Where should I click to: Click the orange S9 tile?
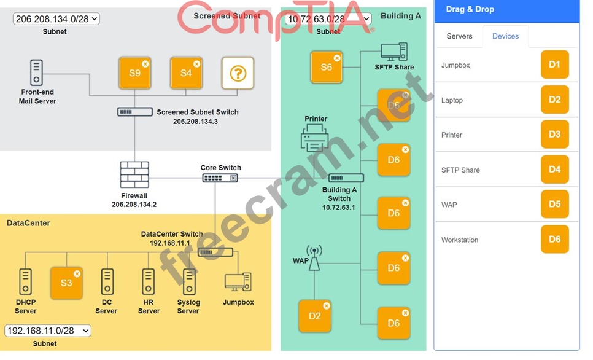[x=134, y=74]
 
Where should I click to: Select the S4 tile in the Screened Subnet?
[x=186, y=74]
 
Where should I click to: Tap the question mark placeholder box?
[x=238, y=74]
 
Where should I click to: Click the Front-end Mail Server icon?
[x=36, y=72]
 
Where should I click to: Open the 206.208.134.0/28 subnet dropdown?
[x=56, y=19]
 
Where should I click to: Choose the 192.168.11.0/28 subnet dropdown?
[x=47, y=331]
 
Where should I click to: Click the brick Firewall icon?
[x=134, y=175]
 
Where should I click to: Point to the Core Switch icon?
[x=220, y=178]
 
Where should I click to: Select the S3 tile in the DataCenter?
[x=66, y=283]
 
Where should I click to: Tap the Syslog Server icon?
[x=188, y=283]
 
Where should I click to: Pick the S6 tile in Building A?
[x=326, y=67]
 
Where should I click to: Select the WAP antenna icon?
[x=314, y=258]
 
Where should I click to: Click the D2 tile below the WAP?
[x=315, y=316]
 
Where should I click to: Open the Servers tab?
[x=459, y=36]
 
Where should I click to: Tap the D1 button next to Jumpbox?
[x=554, y=65]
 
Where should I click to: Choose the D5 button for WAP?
[x=554, y=204]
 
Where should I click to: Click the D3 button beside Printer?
[x=554, y=135]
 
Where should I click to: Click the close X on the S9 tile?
[x=145, y=63]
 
